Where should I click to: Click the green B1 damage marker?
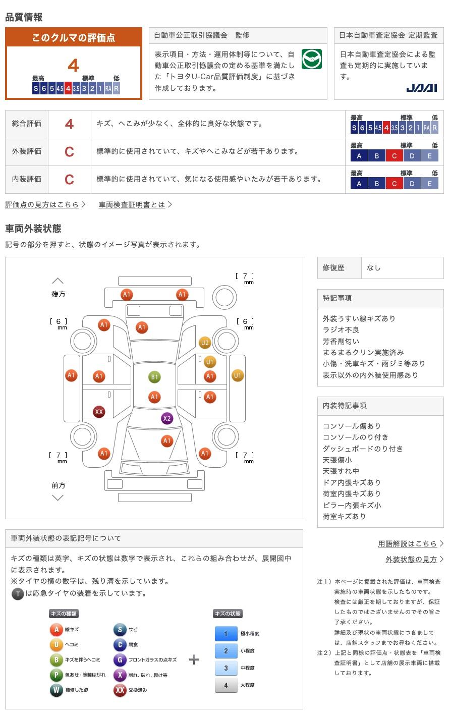(154, 377)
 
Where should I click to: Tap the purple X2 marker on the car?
(167, 418)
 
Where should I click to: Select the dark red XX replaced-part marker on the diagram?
(99, 412)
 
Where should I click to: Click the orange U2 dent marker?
(205, 343)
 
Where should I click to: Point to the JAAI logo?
(422, 88)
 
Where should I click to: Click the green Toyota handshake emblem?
(312, 59)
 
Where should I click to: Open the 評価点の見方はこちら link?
(42, 204)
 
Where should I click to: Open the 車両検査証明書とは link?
(132, 204)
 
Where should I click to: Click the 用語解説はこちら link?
(407, 543)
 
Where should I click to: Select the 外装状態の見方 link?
(411, 560)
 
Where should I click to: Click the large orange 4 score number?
(74, 66)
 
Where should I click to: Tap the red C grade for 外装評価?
(69, 152)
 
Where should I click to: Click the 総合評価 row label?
(27, 124)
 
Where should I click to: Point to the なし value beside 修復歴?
(374, 268)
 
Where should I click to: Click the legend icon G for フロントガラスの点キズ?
(120, 659)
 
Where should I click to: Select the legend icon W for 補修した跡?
(56, 690)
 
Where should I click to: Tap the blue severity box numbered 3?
(226, 668)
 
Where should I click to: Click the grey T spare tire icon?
(18, 594)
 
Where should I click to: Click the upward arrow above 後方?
(58, 281)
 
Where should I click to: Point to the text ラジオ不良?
(341, 329)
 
